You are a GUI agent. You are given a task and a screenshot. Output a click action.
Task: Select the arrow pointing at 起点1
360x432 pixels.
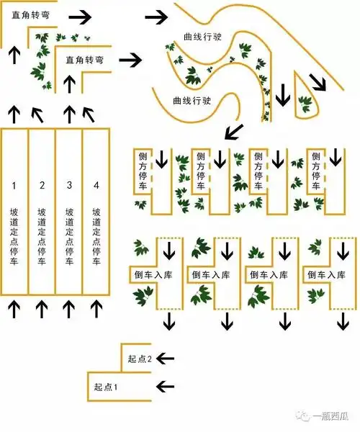(166, 385)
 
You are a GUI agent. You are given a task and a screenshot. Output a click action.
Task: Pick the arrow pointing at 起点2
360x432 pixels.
(166, 357)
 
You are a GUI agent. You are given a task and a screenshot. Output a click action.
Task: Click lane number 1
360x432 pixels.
(14, 186)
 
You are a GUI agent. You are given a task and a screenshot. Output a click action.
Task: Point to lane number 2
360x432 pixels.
(42, 186)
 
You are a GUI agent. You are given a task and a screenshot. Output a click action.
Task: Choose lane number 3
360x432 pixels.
(69, 186)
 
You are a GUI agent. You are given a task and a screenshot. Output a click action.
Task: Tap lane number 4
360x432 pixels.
(96, 186)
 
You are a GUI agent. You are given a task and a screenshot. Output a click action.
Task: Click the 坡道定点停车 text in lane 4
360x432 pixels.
(96, 238)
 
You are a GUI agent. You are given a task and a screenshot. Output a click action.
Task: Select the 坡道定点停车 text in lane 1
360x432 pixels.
(14, 238)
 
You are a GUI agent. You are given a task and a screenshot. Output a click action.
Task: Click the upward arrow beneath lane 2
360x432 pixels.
(42, 308)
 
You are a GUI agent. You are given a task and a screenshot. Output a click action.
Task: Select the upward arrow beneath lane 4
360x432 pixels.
(96, 308)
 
